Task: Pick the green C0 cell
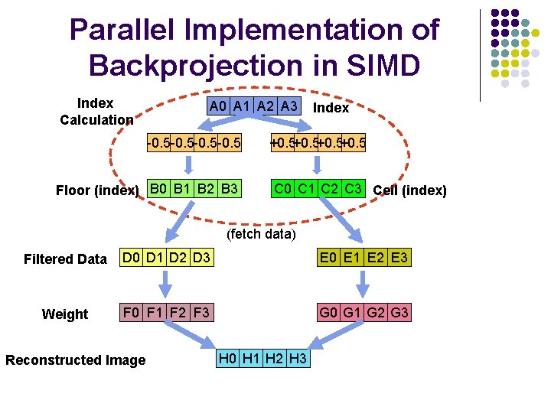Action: (x=285, y=188)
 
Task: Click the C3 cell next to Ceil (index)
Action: (x=353, y=188)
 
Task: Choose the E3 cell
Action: (x=399, y=258)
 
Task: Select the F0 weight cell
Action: (x=133, y=312)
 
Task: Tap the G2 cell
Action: (x=376, y=312)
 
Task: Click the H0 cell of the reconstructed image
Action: (x=228, y=358)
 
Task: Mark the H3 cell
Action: (x=298, y=358)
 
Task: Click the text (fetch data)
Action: (x=261, y=233)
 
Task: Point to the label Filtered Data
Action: (x=65, y=259)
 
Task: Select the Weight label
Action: (x=65, y=314)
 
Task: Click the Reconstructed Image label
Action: (x=75, y=360)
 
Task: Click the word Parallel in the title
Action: (x=127, y=31)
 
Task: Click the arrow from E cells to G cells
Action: (x=364, y=285)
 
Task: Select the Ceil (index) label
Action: (x=409, y=190)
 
